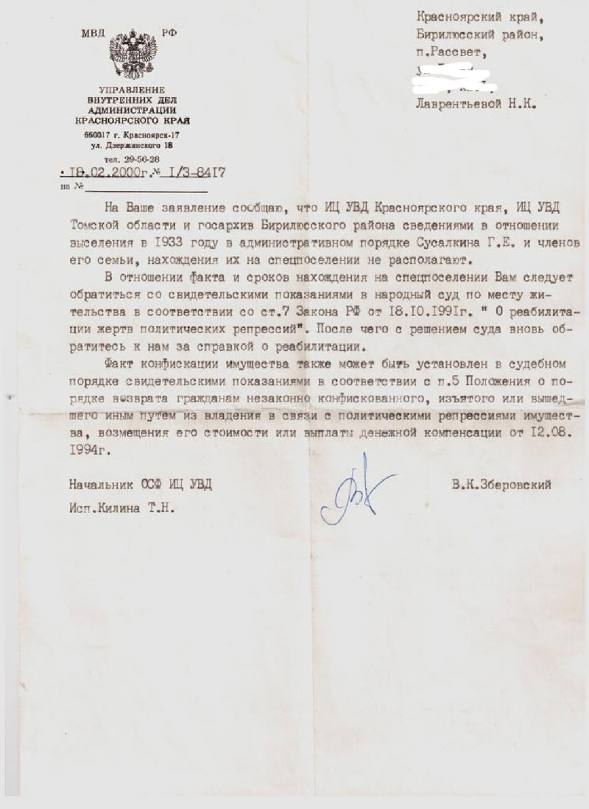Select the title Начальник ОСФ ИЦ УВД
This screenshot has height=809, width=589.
(x=144, y=485)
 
